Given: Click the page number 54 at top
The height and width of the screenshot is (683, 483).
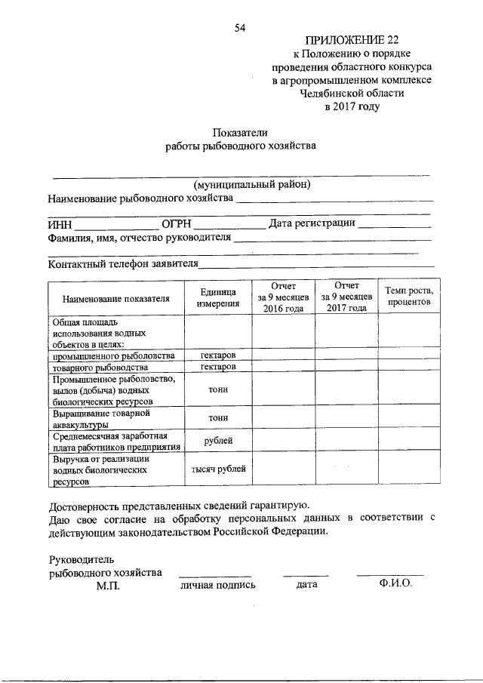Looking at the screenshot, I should click(241, 28).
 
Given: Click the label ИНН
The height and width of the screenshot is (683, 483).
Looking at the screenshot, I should click(60, 224).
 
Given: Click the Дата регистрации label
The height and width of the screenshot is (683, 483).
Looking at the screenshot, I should click(312, 224).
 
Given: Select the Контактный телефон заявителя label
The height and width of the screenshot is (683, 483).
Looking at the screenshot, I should click(123, 264).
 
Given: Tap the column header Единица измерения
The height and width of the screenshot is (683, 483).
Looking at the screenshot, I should click(218, 298).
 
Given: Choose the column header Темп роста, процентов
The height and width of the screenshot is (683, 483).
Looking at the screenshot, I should click(409, 296).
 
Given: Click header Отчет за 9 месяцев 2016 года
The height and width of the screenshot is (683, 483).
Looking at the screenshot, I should click(283, 297).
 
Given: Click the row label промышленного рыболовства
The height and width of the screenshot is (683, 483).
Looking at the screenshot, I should click(114, 355).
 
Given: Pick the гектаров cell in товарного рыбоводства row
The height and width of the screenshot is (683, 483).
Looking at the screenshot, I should click(218, 367).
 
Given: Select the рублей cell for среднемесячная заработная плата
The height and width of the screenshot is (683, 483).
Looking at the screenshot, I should click(218, 441).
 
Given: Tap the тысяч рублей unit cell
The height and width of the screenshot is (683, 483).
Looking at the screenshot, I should click(218, 469).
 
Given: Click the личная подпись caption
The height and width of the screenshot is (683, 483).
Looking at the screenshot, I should click(217, 585).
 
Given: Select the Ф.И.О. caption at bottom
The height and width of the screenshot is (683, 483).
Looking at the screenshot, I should click(389, 584).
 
